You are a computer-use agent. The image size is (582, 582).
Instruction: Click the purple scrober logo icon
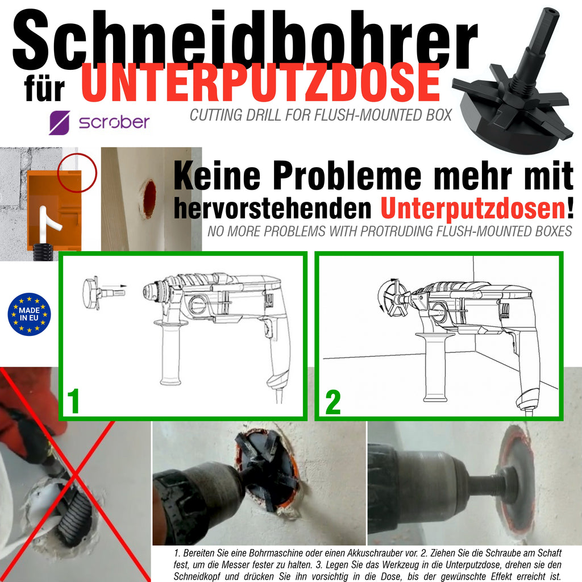point(59,122)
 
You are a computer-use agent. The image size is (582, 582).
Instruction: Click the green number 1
point(73,401)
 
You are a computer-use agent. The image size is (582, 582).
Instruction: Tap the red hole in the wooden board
point(148,199)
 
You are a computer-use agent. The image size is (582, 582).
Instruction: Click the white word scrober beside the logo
point(114,122)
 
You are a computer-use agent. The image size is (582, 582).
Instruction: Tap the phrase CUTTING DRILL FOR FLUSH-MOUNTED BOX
point(321,115)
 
